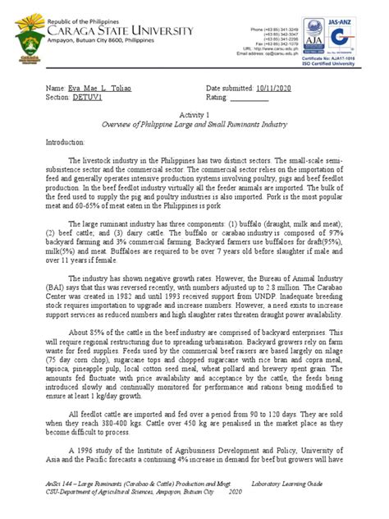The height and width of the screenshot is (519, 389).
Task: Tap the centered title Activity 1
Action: (x=194, y=117)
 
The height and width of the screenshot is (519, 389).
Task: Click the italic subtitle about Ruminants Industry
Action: (x=194, y=126)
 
